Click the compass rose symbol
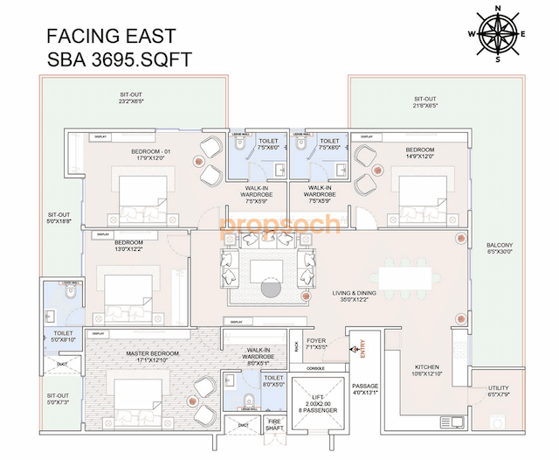tap(498, 34)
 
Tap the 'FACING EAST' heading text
tap(110, 36)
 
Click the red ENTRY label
tap(362, 348)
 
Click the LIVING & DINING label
tap(353, 296)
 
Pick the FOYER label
tap(315, 342)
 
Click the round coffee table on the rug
tap(269, 289)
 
